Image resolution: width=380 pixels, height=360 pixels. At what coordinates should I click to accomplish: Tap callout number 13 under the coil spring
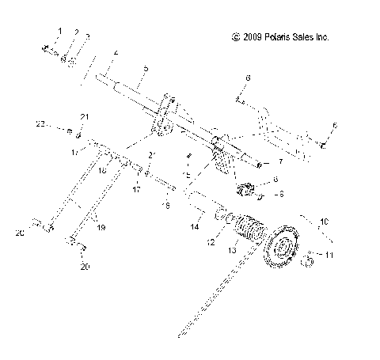coord(231,250)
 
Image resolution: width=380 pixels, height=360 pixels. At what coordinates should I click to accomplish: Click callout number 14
coord(194,227)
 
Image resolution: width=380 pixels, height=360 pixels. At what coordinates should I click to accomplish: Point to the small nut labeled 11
coord(305,254)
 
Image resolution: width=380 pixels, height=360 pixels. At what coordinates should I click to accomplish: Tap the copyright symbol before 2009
coord(234,37)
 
